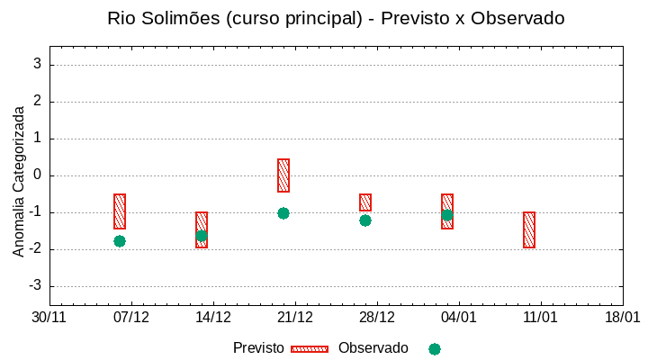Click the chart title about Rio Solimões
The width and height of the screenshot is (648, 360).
(x=336, y=18)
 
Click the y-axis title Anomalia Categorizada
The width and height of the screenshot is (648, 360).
(x=19, y=181)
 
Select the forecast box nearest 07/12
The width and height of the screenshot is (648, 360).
(x=120, y=211)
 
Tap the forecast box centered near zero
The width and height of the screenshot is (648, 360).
(x=283, y=175)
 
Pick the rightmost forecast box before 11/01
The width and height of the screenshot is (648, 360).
(x=529, y=229)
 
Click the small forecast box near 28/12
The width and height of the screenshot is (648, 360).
(x=365, y=202)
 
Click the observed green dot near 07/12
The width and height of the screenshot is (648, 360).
(x=120, y=241)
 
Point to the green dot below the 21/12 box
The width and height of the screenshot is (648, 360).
(x=283, y=213)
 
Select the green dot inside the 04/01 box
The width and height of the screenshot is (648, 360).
(x=447, y=215)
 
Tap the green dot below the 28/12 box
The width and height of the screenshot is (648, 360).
(x=365, y=220)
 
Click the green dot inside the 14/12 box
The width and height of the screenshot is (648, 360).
(x=202, y=236)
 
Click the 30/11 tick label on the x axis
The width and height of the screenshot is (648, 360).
(x=49, y=318)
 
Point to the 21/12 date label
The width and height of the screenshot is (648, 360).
(x=295, y=318)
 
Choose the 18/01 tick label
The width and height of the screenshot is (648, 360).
(x=623, y=318)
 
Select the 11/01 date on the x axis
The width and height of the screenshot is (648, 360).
(x=541, y=318)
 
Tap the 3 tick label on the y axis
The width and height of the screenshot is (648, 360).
(x=38, y=64)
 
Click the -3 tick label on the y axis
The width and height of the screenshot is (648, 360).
(x=35, y=286)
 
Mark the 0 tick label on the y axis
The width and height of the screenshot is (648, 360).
(x=38, y=175)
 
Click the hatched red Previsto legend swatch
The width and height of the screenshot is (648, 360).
(x=310, y=348)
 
